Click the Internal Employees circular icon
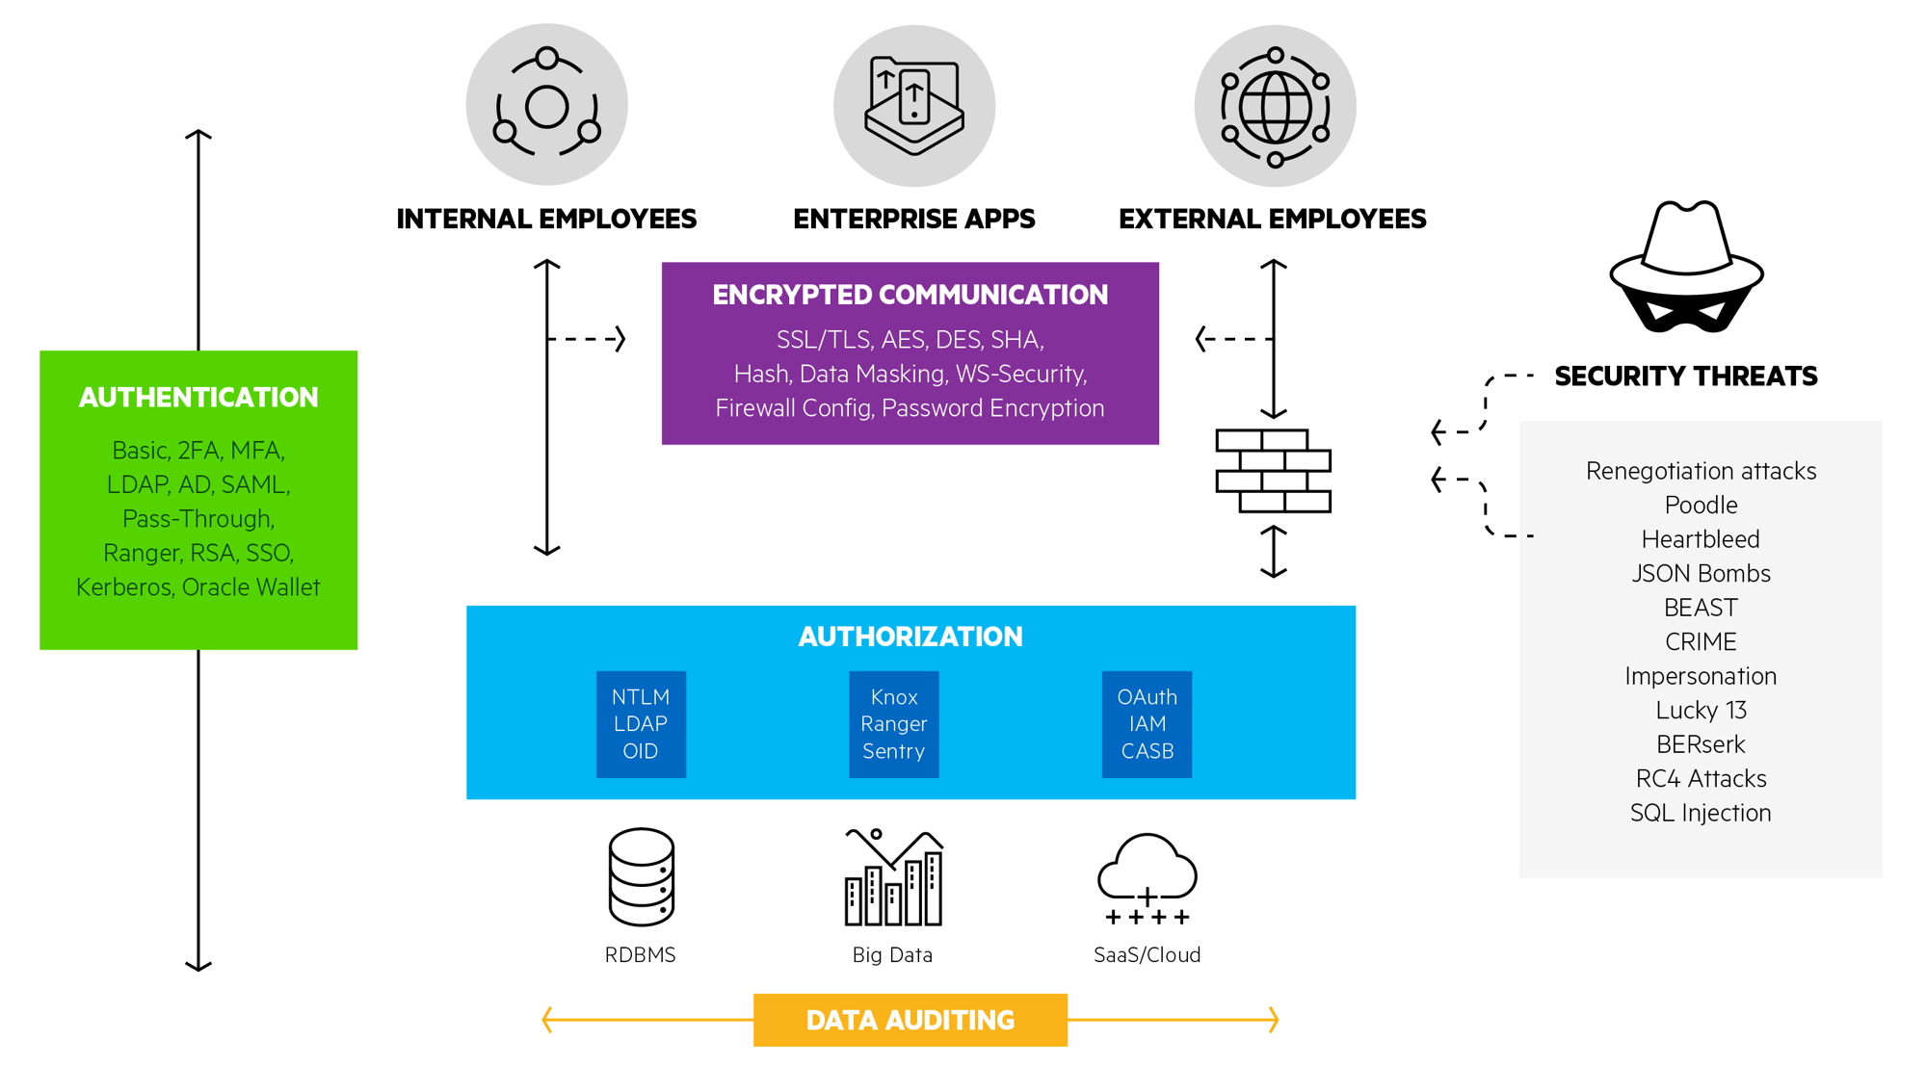pos(546,104)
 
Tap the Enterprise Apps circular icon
pos(913,105)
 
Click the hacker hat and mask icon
pos(1686,268)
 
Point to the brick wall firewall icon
pos(1273,471)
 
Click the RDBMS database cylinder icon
pos(641,876)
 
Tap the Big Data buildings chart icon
pos(893,877)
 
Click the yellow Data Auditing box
pos(910,1020)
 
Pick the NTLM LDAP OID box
pos(641,724)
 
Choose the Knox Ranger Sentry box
pos(893,724)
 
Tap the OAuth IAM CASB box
pos(1147,724)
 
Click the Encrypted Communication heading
pos(910,295)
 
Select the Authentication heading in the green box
pos(198,398)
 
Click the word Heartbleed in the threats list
pos(1701,539)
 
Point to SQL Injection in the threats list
pos(1701,813)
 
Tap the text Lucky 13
pos(1701,711)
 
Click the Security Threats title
pos(1685,377)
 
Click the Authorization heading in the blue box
pos(910,637)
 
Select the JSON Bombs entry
pos(1701,574)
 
